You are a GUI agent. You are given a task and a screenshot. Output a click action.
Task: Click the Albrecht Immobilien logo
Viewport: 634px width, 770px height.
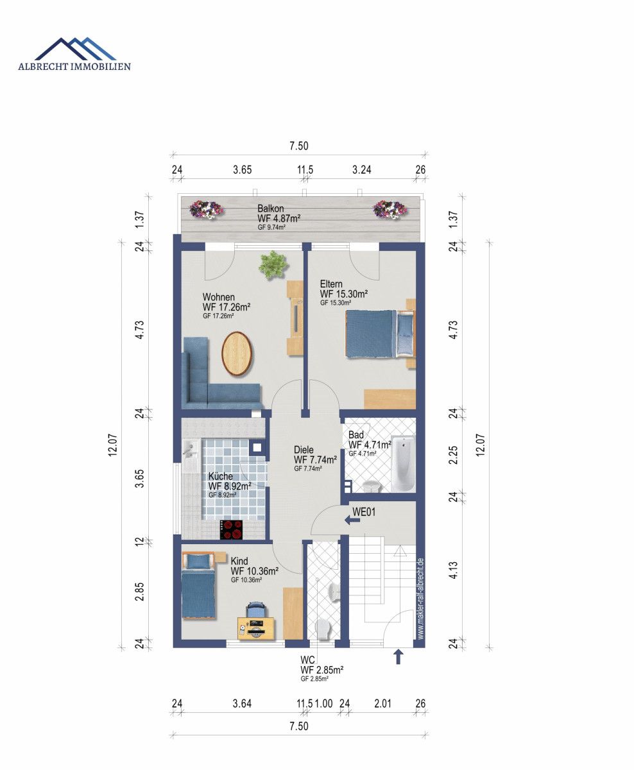(x=74, y=55)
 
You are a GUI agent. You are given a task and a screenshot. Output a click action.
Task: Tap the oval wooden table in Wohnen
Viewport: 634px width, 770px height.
(x=237, y=352)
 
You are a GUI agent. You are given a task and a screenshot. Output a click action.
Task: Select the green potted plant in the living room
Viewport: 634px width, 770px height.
(x=273, y=264)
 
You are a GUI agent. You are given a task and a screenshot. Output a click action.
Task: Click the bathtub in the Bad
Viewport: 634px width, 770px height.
(x=402, y=463)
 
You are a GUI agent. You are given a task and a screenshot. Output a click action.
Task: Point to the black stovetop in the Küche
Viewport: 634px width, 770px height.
(x=232, y=529)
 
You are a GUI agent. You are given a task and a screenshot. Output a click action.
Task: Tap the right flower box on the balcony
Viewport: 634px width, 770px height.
(x=390, y=208)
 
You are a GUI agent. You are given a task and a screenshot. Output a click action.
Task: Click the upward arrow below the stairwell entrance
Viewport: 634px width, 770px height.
(x=398, y=656)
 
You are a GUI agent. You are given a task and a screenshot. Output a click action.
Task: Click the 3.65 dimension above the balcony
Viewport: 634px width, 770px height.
(x=243, y=170)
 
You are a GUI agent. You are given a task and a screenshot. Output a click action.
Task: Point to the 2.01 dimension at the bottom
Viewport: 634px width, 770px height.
(x=382, y=703)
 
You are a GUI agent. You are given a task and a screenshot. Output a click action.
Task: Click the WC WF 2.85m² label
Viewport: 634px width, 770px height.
(x=321, y=669)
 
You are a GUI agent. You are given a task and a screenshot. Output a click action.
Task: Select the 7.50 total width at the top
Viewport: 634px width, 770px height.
(x=298, y=146)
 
